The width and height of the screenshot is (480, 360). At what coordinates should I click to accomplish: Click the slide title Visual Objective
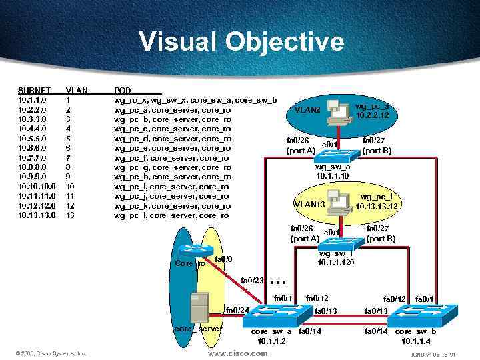pyautogui.click(x=241, y=42)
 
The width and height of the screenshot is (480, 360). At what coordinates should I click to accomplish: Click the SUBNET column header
pyautogui.click(x=33, y=90)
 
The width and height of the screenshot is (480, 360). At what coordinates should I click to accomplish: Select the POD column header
pyautogui.click(x=123, y=90)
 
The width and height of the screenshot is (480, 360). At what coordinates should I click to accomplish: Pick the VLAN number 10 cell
pyautogui.click(x=71, y=187)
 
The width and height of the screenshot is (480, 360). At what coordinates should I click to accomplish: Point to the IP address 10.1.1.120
pyautogui.click(x=336, y=263)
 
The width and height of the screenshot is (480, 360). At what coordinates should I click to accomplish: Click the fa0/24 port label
pyautogui.click(x=237, y=310)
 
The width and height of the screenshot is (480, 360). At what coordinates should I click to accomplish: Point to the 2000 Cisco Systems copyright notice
pyautogui.click(x=52, y=353)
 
